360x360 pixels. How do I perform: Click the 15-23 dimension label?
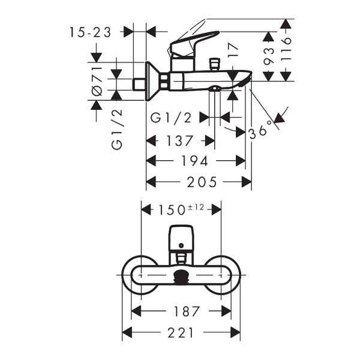point(90,32)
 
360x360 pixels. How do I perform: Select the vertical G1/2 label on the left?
point(117,129)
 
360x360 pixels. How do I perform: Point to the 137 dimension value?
point(181,141)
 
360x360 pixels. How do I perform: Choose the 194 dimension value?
point(196,161)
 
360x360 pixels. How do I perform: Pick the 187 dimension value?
point(181,311)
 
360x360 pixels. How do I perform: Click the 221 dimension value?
point(181,332)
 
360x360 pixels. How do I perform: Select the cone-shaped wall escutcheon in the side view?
point(155,80)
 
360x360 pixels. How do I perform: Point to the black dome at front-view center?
point(181,277)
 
